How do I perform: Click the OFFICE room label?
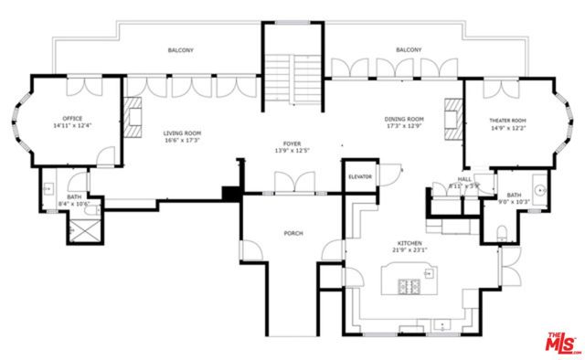tap(73, 119)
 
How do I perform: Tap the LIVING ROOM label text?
tap(182, 133)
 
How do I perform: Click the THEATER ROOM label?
tap(507, 121)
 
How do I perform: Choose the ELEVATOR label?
tap(359, 175)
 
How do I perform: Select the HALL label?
tap(464, 180)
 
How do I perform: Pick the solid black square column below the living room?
tap(231, 194)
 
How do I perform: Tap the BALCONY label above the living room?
tap(180, 50)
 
